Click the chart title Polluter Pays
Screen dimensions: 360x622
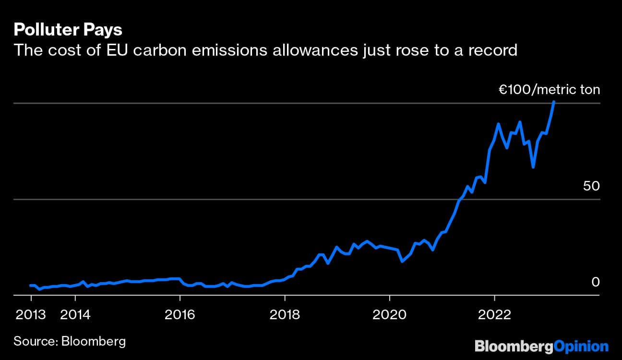pyautogui.click(x=68, y=30)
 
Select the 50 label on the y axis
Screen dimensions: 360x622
pyautogui.click(x=591, y=186)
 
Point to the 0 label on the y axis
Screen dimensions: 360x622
pyautogui.click(x=595, y=282)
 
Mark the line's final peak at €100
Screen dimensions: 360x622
pyautogui.click(x=554, y=102)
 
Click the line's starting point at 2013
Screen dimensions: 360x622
pyautogui.click(x=31, y=286)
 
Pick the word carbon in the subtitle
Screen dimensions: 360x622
pyautogui.click(x=155, y=49)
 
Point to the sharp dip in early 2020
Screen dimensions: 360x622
pyautogui.click(x=402, y=261)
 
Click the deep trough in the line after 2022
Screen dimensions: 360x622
pyautogui.click(x=533, y=167)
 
